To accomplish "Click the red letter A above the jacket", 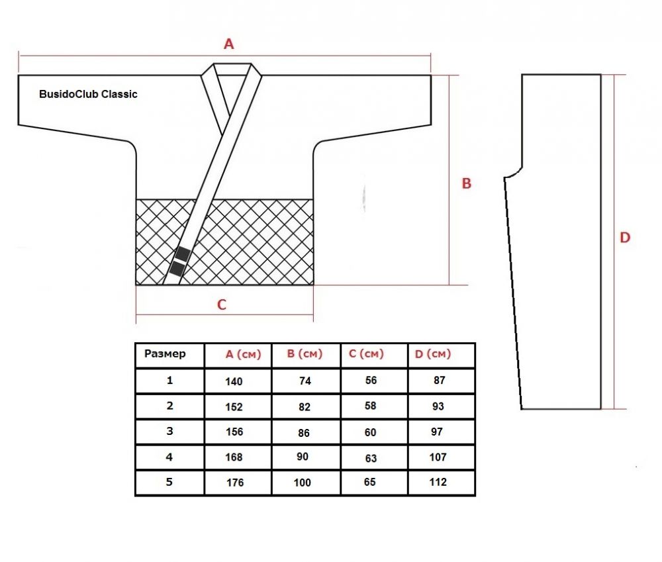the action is point(228,44).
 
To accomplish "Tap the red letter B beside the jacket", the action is point(466,183).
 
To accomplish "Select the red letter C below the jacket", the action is point(222,304).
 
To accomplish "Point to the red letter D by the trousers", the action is point(625,237).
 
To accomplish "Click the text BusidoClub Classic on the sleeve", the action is point(88,94).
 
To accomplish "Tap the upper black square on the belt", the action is point(183,254).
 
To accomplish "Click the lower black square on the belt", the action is point(177,269).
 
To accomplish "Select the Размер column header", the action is point(165,354).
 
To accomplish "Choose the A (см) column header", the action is point(243,354).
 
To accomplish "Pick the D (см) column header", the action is point(433,354).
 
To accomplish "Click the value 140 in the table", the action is point(234,381).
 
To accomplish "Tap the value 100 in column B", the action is point(303,483).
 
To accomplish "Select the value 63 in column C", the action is point(371,458).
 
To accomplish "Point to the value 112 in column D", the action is point(438,482).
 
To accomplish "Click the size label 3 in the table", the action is point(169,431).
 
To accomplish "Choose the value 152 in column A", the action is point(234,407).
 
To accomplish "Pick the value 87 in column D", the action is point(440,380).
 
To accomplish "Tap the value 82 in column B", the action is point(305,407).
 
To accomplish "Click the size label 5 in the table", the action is point(169,482).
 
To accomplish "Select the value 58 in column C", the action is point(370,406).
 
